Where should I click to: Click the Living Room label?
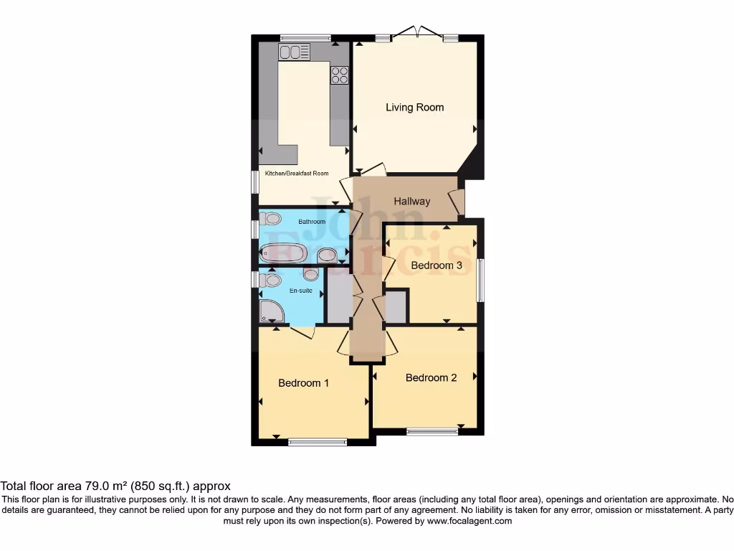414,108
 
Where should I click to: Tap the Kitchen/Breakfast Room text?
297,174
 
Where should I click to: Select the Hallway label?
411,202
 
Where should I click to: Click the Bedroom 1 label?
303,383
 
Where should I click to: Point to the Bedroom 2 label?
431,378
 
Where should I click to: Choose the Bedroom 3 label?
436,265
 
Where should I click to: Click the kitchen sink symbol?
294,52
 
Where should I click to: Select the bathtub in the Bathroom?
284,253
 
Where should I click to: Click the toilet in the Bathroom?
270,220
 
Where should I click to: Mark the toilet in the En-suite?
270,279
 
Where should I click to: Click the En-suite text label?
300,291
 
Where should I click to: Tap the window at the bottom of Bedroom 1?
318,443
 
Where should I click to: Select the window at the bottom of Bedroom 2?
432,431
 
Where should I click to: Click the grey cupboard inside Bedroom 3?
396,307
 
